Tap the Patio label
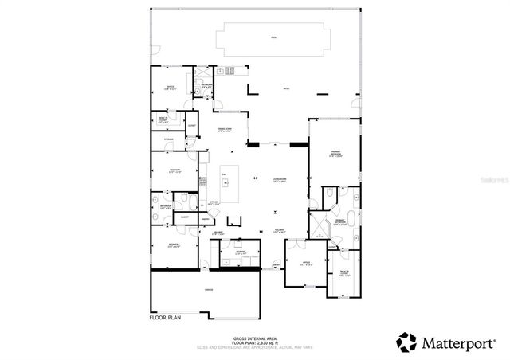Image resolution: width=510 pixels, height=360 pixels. [286, 89]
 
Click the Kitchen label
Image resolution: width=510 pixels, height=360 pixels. [214, 203]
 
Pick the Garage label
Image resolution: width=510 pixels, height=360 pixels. [209, 289]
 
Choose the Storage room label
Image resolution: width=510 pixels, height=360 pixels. [168, 139]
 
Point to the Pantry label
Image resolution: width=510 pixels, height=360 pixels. [205, 218]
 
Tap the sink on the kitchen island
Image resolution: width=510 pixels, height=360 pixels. [226, 183]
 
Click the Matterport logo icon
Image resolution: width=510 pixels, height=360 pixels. [406, 342]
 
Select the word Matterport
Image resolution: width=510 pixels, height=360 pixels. [460, 342]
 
